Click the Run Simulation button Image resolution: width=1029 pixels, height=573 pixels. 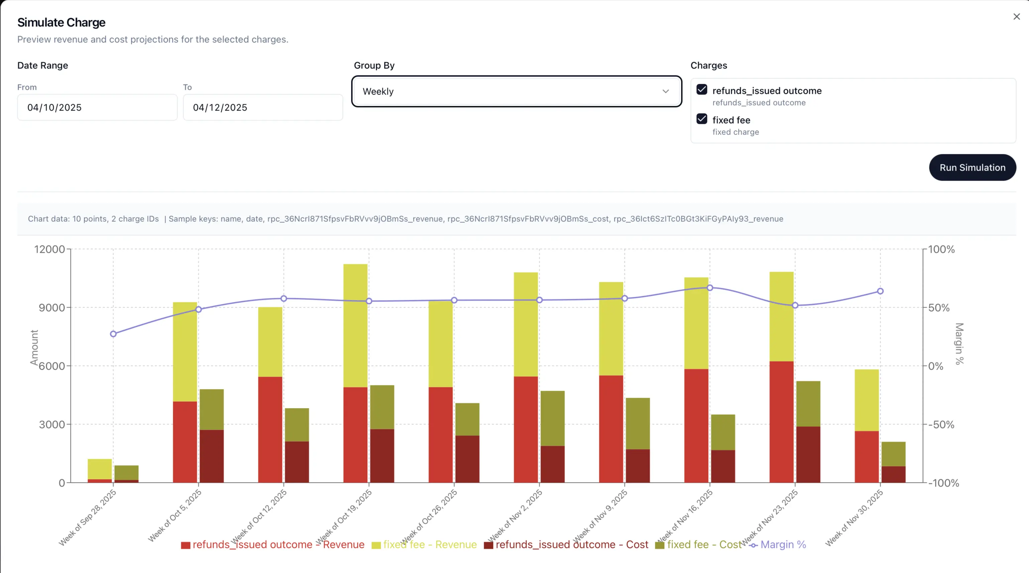tap(972, 168)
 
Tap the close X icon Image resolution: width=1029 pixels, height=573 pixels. tap(1016, 17)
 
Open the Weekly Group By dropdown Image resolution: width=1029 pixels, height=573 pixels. tap(516, 91)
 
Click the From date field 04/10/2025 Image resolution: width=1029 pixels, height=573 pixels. tap(97, 107)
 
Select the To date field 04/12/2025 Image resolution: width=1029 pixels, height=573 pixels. tap(262, 107)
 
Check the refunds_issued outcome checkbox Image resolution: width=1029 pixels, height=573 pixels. tap(701, 89)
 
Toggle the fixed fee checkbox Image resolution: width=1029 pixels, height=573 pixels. tap(701, 119)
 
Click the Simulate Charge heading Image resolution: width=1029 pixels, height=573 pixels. tap(61, 22)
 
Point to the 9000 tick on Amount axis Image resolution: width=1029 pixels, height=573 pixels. tap(52, 308)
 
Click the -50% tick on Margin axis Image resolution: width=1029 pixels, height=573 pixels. tap(941, 424)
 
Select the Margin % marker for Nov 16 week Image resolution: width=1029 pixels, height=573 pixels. tap(709, 288)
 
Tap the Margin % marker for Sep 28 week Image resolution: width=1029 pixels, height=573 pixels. tap(113, 334)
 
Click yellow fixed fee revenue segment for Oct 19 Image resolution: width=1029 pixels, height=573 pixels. tap(355, 325)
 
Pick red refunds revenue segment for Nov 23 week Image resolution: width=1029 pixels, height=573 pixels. tap(781, 422)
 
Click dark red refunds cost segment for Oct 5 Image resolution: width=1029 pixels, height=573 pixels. tap(211, 456)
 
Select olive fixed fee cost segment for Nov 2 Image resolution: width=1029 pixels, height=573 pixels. tap(553, 418)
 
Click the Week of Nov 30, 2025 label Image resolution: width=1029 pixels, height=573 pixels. tap(854, 518)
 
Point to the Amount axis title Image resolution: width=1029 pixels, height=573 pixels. tap(34, 347)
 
